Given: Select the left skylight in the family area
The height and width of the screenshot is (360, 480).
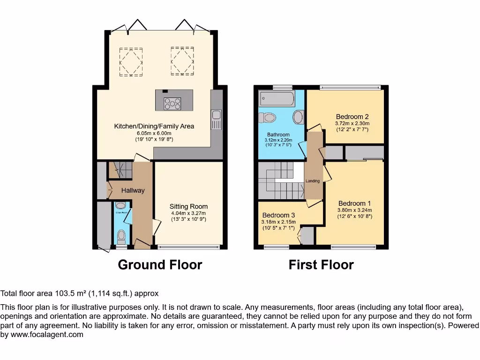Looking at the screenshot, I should (x=131, y=61).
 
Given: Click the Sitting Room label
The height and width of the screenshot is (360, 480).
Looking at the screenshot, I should (x=188, y=206).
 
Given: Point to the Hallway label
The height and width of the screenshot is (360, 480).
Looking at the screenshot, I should (x=133, y=190).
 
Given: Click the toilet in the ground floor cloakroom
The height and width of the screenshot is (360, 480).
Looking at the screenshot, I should (x=121, y=235).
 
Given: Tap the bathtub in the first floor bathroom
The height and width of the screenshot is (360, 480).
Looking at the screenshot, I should (x=277, y=98).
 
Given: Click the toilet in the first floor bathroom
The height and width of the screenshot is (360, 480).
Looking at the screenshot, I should (x=268, y=117).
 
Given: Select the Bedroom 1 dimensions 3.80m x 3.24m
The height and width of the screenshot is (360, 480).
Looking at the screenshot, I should (x=354, y=210).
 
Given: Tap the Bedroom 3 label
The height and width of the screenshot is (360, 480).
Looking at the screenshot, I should (x=278, y=215).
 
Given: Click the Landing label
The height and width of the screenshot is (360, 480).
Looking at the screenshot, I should (x=313, y=181).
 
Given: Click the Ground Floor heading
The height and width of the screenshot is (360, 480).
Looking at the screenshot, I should (x=160, y=265).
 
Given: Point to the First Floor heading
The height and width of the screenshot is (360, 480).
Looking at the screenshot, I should (x=321, y=265).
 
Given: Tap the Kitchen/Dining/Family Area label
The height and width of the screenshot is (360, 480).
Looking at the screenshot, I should (x=154, y=126).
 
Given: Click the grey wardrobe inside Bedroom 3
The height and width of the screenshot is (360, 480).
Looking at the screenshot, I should (x=307, y=236).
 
